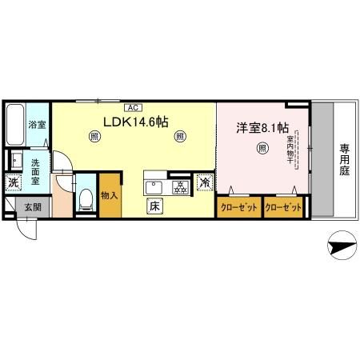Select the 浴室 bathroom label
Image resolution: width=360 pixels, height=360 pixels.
tap(37, 125)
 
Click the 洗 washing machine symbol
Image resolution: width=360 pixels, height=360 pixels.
tap(13, 183)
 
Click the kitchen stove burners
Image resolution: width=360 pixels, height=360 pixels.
tap(180, 188)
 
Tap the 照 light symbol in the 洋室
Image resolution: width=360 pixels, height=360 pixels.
tap(262, 147)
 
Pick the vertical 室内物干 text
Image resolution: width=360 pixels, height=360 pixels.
tap(290, 151)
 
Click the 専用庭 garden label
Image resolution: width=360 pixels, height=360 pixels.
tap(344, 160)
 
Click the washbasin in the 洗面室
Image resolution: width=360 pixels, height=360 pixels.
tap(16, 159)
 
